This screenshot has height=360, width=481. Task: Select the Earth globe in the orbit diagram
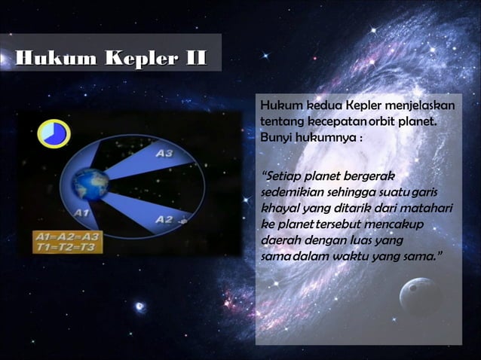(90, 184)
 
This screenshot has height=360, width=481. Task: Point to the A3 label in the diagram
(164, 154)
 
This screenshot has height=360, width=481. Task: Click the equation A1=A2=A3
(68, 236)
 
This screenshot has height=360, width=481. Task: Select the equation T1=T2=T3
(68, 246)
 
